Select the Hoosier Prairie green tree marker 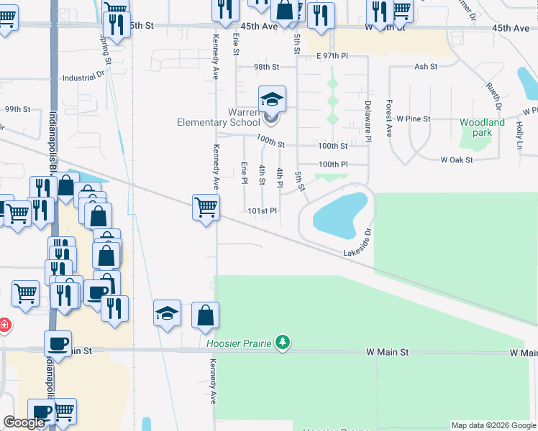coord(283,343)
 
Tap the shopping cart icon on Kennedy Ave coord(206,208)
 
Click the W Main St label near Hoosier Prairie coord(387,353)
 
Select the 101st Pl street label coord(262,211)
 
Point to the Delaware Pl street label coord(367,119)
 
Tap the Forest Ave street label coord(388,119)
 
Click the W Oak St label coord(457,159)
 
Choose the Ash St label coord(425,67)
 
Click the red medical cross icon coord(4,325)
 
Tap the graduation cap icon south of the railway coord(167,313)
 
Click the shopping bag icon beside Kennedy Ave coord(206,315)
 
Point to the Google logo coord(24,423)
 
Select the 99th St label coord(17,109)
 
